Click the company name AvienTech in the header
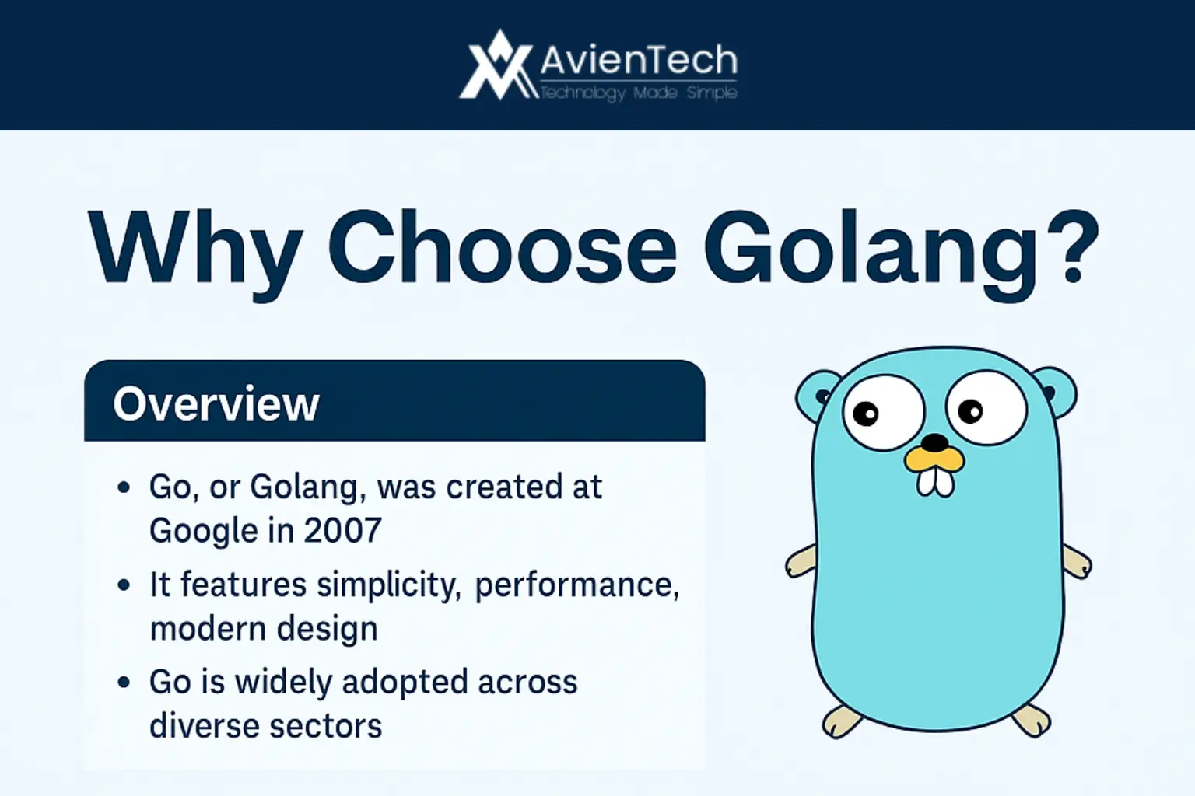[639, 61]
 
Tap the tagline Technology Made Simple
[639, 93]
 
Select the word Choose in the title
[502, 246]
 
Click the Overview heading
[216, 403]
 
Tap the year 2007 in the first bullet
[343, 530]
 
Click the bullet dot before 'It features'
[124, 585]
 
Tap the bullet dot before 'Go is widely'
[124, 682]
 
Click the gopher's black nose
[935, 442]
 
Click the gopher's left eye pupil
[865, 414]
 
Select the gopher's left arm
[801, 561]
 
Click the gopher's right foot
[1032, 721]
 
